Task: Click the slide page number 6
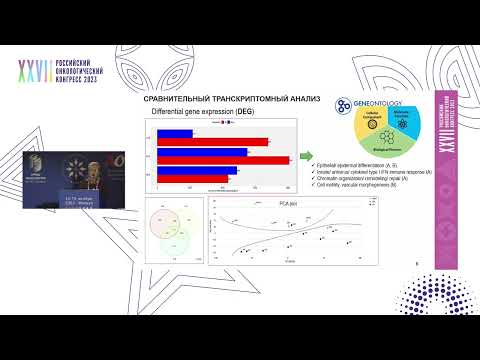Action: [x=415, y=263]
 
